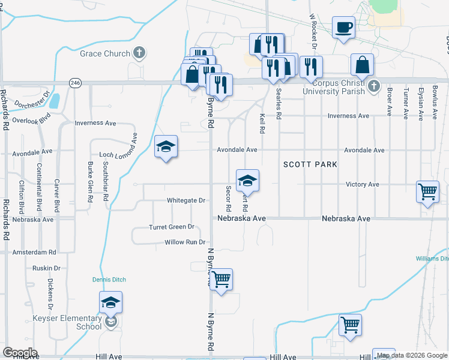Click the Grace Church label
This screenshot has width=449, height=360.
point(105,53)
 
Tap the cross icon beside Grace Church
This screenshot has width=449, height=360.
point(139,53)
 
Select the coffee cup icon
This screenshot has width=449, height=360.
point(343,28)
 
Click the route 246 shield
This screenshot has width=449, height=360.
point(75,83)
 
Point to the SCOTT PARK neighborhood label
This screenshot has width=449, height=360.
point(310,164)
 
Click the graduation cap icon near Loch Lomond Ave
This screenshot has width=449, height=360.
point(166,147)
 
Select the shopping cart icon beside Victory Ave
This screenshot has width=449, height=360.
point(428,192)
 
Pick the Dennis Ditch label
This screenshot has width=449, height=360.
point(109,280)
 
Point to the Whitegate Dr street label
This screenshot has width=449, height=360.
point(186,201)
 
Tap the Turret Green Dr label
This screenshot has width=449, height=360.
point(172,227)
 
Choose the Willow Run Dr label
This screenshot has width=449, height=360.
point(185,242)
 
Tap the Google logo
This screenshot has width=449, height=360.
point(20,352)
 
